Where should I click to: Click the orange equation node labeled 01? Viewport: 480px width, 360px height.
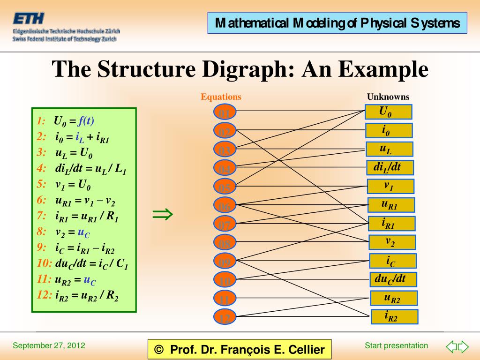(225, 112)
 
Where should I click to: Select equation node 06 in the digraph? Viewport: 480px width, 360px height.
(225, 206)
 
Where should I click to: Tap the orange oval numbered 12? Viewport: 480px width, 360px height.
(225, 318)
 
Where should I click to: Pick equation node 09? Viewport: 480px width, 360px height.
(225, 262)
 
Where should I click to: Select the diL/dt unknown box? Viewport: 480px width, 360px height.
(390, 167)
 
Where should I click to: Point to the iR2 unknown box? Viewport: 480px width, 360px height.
(394, 317)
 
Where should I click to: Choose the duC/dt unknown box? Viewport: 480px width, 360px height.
(393, 279)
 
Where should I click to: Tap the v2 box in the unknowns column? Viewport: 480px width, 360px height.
(392, 242)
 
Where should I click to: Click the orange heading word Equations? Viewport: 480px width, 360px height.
(221, 97)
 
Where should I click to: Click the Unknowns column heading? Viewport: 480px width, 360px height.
(388, 97)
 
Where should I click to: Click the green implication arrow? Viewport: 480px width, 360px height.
(163, 215)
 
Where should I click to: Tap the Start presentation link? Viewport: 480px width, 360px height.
(396, 346)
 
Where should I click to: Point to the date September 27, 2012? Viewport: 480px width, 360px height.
(49, 346)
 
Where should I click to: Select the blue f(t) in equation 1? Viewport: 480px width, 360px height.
(86, 120)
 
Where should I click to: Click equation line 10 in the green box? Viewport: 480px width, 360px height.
(82, 263)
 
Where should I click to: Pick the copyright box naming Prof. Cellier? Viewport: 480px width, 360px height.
(239, 350)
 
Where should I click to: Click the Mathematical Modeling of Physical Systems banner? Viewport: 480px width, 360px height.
(337, 23)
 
